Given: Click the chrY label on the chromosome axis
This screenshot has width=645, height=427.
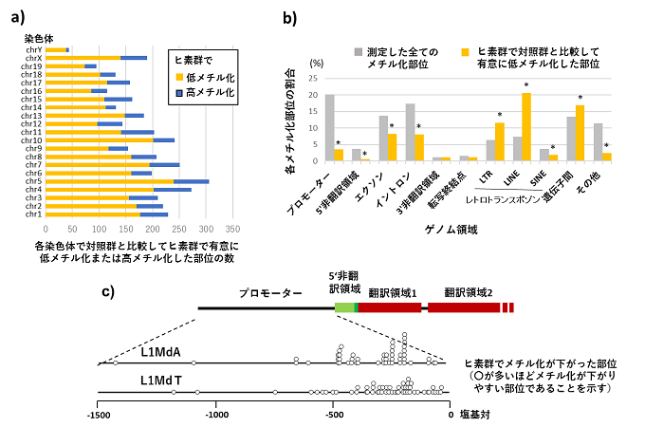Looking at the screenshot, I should (x=30, y=48).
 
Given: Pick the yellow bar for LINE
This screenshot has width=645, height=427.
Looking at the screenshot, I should (x=526, y=127).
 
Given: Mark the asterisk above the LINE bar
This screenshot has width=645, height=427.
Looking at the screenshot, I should (x=526, y=85).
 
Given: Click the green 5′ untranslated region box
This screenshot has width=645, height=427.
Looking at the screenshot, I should (x=344, y=307).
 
